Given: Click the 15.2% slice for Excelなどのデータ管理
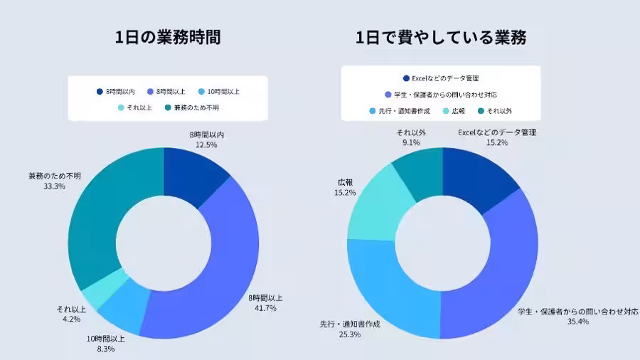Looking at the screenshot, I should coord(473,178).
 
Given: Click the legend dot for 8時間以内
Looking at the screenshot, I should coord(100,92).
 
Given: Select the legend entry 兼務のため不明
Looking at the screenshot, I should coord(192,107).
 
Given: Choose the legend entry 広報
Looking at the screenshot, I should coord(458,110).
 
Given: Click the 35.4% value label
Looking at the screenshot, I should coord(577,322).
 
